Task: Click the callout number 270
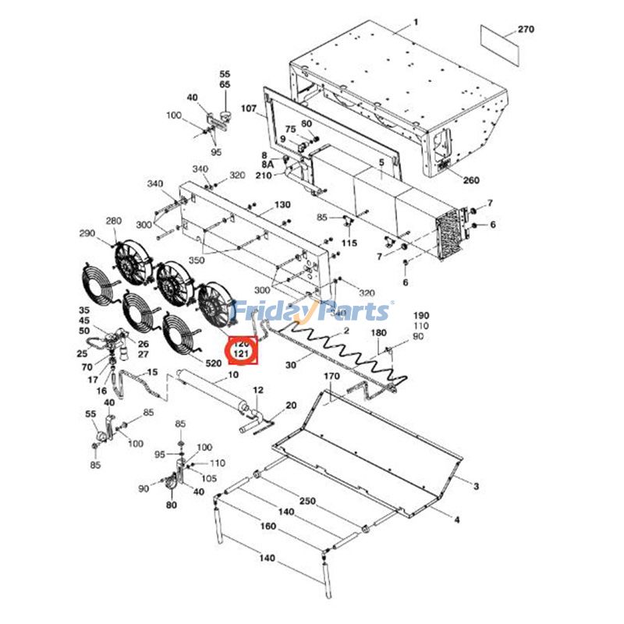click(526, 30)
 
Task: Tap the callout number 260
click(471, 180)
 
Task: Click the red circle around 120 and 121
click(241, 349)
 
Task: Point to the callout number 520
click(214, 363)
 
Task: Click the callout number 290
click(87, 234)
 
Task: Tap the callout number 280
click(114, 221)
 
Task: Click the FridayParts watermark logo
click(312, 311)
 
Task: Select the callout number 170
click(331, 377)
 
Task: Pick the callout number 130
click(282, 204)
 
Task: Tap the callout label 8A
click(268, 165)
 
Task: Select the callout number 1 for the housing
click(416, 22)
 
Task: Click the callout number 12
click(258, 389)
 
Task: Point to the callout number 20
click(291, 406)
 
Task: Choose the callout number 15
click(152, 372)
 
